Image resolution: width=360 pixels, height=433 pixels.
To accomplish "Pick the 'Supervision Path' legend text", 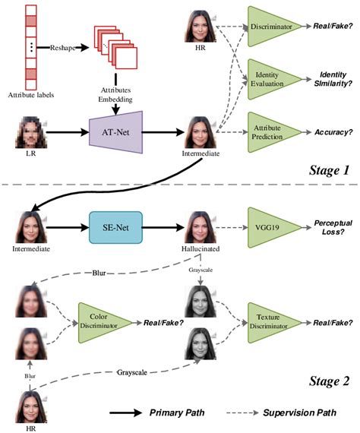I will point(306,414).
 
